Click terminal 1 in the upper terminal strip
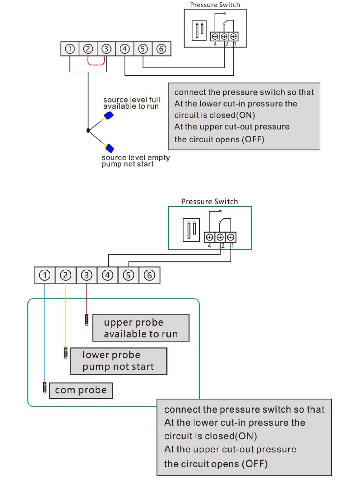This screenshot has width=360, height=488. coord(70,49)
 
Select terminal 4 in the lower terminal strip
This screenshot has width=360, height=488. coord(107,275)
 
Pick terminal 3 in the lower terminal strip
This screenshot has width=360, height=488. coord(87,275)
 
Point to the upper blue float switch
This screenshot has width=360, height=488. coord(109,115)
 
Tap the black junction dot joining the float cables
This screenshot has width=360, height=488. coord(88,131)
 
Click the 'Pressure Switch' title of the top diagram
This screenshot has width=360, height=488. coord(215,5)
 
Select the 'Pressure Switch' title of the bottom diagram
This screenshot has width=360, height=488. coord(209,202)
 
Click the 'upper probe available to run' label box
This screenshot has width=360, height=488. coord(140,328)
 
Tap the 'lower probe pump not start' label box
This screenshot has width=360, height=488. coord(118,361)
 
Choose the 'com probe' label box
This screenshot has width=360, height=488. coord(81,390)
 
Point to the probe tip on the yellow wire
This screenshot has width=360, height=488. coord(65,353)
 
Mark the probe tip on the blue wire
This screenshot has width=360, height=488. coord(45,387)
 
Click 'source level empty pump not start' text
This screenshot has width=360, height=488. coord(135,161)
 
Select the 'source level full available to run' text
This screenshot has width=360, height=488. coord(131,103)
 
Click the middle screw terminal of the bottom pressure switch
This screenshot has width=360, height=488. coord(220,237)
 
